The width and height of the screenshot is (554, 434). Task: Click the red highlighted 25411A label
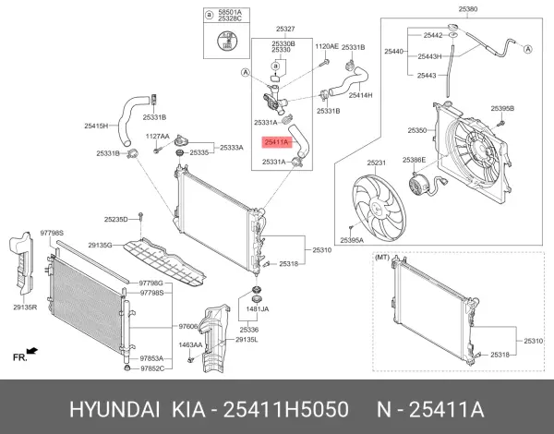(276, 143)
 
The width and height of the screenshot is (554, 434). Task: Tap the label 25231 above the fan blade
(376, 163)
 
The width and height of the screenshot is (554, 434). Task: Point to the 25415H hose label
(96, 126)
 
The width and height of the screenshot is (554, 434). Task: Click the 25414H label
(360, 96)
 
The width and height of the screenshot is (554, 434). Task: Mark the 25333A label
(231, 147)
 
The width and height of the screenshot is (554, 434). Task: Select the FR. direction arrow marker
(25, 353)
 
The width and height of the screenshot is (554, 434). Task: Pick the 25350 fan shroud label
(417, 131)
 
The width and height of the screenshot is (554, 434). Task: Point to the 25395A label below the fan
(352, 240)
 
